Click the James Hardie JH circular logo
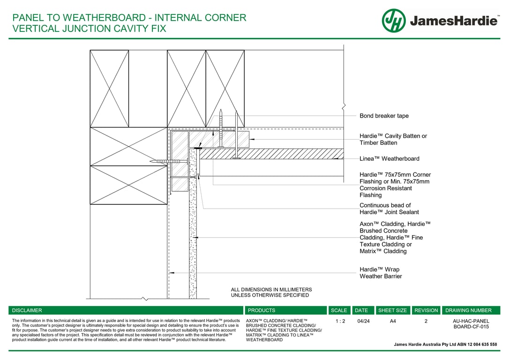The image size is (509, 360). click(394, 21)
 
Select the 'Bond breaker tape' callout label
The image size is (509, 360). click(384, 116)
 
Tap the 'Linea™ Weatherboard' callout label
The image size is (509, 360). click(389, 159)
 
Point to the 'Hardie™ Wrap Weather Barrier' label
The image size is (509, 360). click(380, 273)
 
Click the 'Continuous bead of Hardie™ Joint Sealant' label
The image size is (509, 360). click(389, 209)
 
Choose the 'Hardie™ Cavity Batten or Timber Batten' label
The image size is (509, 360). click(393, 139)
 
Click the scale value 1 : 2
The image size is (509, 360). click(341, 322)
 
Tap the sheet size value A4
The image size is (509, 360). click(392, 322)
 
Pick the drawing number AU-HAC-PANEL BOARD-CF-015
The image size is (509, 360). click(471, 324)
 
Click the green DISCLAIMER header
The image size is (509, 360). click(27, 310)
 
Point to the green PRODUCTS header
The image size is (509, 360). click(262, 310)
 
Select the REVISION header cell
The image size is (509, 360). click(426, 310)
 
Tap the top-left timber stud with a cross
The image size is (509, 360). click(109, 89)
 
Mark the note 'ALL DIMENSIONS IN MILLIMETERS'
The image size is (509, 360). click(271, 290)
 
